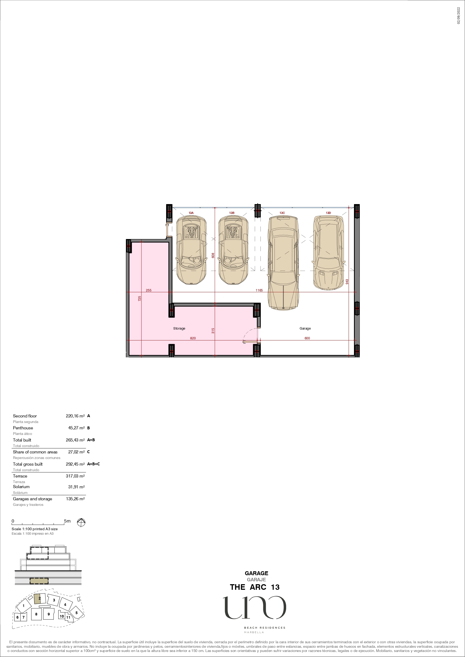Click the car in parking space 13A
tap(191, 250)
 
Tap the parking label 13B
tap(232, 213)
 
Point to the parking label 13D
tap(328, 213)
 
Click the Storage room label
tap(179, 328)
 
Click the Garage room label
tap(305, 328)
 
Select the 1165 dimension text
tap(259, 290)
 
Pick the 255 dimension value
tap(148, 290)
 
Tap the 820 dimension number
tap(193, 338)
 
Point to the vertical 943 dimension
tap(347, 282)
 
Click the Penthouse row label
tap(23, 428)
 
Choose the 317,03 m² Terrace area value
tap(75, 476)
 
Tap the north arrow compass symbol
tap(81, 523)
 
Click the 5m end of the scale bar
tap(64, 524)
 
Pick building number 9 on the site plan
tap(48, 614)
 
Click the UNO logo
tap(254, 607)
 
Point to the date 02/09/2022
tap(458, 16)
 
